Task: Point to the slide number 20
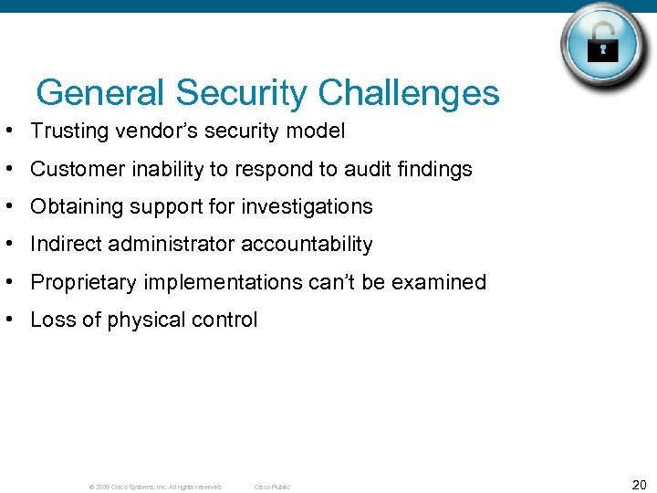tap(639, 485)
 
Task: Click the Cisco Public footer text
tap(272, 487)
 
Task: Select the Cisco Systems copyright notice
tap(154, 487)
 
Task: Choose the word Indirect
tap(64, 245)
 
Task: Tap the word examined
tap(439, 283)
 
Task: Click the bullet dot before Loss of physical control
tap(7, 320)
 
